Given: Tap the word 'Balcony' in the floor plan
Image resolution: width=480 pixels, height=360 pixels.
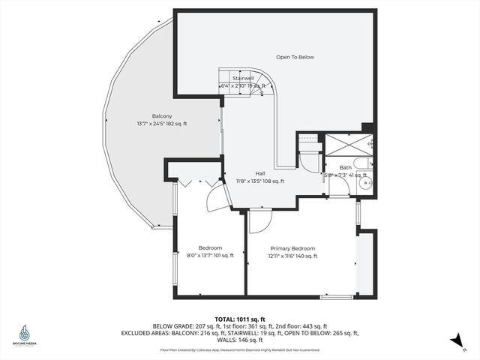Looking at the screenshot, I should tap(162, 115).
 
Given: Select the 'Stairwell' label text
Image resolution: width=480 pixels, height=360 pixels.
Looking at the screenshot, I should tap(243, 78).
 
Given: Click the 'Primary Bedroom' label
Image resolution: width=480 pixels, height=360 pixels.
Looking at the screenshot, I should tap(292, 248).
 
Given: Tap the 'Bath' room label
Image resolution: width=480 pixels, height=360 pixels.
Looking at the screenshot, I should tap(345, 167).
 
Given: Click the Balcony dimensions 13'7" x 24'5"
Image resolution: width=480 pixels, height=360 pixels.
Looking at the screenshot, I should tap(162, 124).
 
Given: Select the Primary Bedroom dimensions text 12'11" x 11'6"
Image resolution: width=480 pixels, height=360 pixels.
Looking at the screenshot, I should tap(292, 256).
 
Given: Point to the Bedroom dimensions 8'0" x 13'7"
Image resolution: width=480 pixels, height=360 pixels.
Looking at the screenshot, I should tap(210, 256).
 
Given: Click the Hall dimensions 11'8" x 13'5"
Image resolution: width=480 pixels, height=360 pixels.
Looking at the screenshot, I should tap(260, 181).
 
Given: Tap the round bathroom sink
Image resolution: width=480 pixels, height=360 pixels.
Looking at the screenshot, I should tap(365, 181).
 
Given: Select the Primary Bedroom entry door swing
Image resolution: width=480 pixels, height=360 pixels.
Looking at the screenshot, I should tap(258, 220).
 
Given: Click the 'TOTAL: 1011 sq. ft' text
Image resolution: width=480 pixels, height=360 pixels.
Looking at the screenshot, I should tap(240, 318).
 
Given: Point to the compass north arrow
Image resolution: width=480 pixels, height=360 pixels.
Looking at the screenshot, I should tap(455, 341).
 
